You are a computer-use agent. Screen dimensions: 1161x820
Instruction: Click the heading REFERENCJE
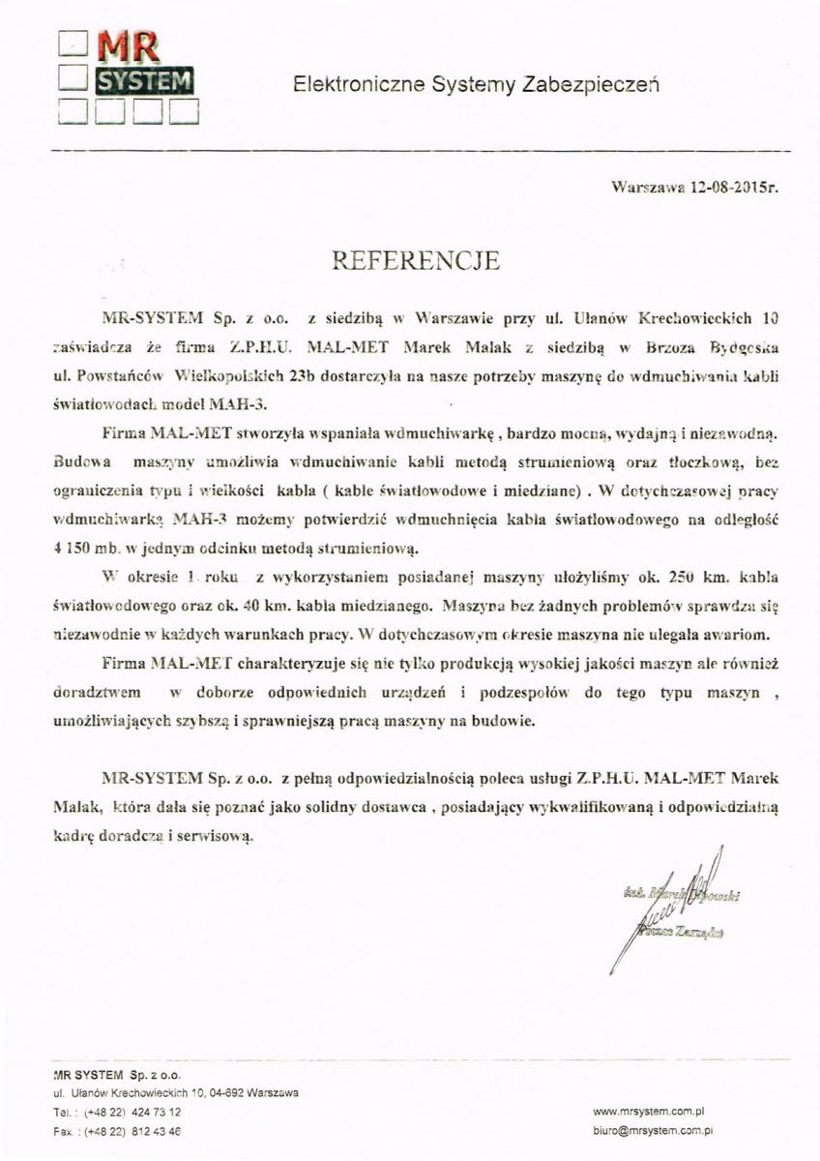click(x=416, y=260)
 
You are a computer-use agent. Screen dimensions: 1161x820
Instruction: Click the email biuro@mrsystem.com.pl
click(x=652, y=1129)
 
